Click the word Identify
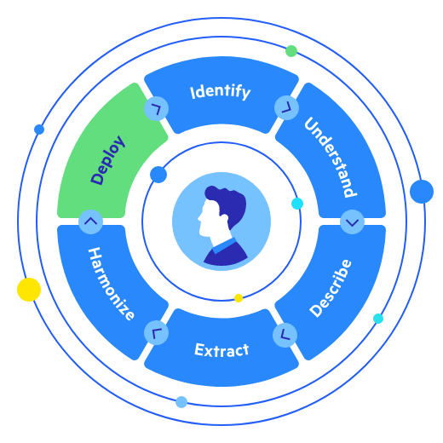pyautogui.click(x=221, y=91)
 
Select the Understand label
pyautogui.click(x=331, y=157)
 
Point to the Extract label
pyautogui.click(x=221, y=350)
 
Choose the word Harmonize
pyautogui.click(x=112, y=285)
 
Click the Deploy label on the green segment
pyautogui.click(x=107, y=160)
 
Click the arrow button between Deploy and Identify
pyautogui.click(x=156, y=108)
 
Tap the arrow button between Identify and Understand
pyautogui.click(x=286, y=107)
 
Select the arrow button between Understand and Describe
pyautogui.click(x=352, y=221)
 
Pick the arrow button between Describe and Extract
pyautogui.click(x=285, y=334)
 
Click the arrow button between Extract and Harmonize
pyautogui.click(x=156, y=333)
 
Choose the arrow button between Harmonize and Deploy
pyautogui.click(x=90, y=221)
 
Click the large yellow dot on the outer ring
pyautogui.click(x=29, y=290)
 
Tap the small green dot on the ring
pyautogui.click(x=291, y=51)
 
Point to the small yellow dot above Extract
pyautogui.click(x=239, y=298)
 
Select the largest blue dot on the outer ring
pyautogui.click(x=421, y=191)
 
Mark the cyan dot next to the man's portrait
pyautogui.click(x=297, y=204)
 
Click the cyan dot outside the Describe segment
pyautogui.click(x=378, y=319)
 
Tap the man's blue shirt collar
pyautogui.click(x=223, y=248)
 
